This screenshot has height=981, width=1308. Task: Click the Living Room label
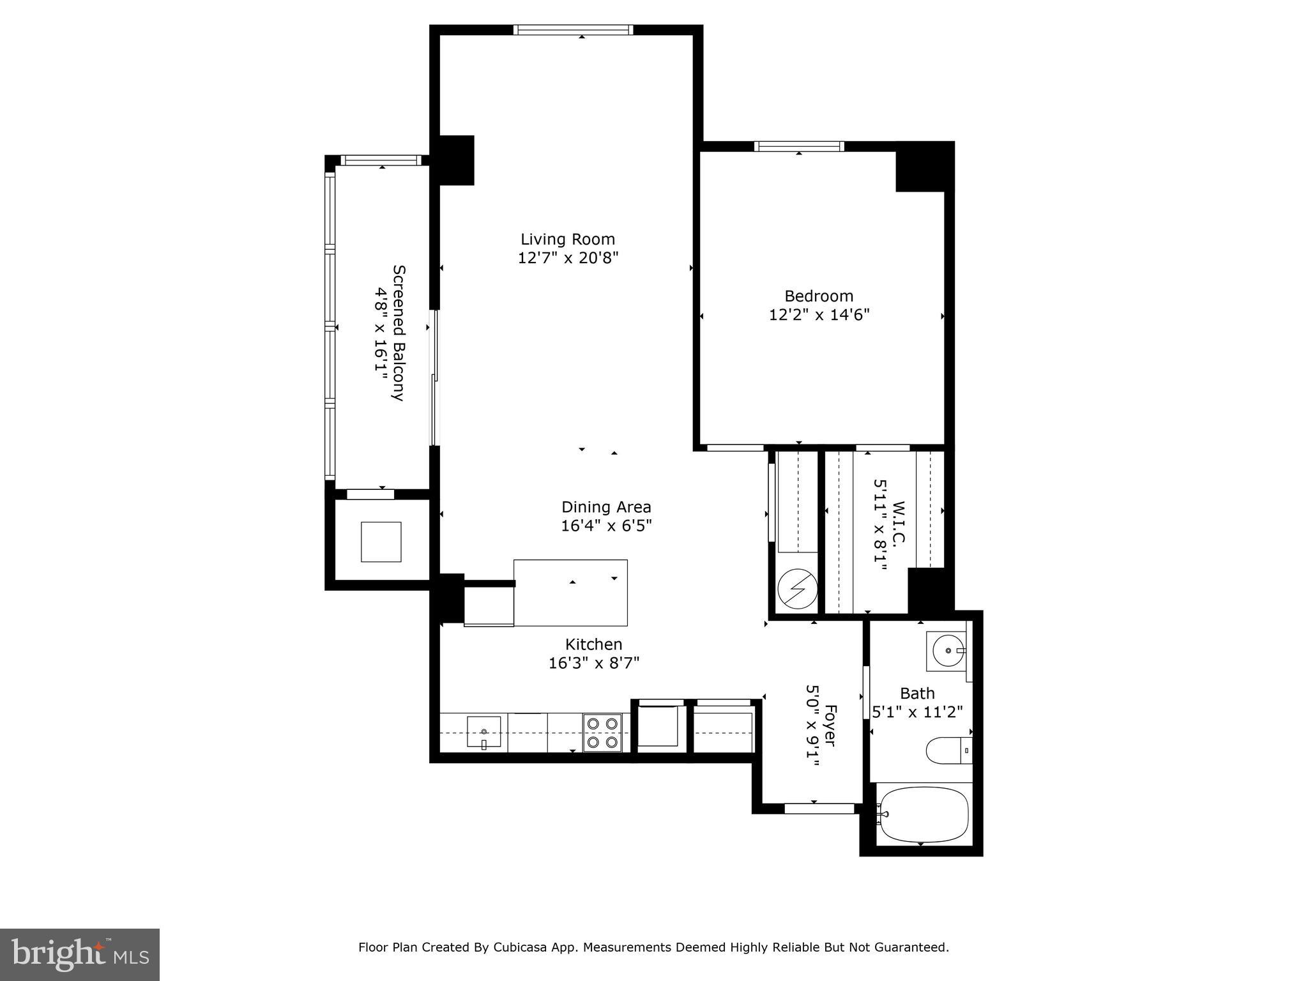click(567, 240)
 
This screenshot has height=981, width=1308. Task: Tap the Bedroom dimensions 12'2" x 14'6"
click(819, 315)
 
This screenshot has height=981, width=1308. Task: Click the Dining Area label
click(606, 507)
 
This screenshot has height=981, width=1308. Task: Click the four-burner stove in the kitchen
click(603, 733)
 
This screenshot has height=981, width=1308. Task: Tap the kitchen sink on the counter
click(483, 732)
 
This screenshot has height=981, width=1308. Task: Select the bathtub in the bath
click(924, 815)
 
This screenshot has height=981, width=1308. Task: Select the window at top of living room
click(573, 29)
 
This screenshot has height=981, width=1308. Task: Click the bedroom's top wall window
click(798, 146)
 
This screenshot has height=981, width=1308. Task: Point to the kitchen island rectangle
click(570, 593)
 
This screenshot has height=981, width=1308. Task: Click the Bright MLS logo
click(80, 954)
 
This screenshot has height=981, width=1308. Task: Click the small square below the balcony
click(381, 542)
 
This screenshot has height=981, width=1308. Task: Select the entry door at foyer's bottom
click(819, 809)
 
